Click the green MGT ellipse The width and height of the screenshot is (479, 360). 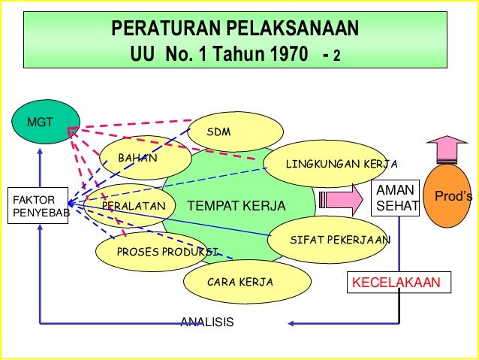(46, 122)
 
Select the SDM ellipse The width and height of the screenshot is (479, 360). (235, 132)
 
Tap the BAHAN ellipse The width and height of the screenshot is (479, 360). (146, 158)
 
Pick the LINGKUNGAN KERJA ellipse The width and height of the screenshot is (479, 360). (325, 164)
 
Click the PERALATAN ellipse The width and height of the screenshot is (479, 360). (130, 205)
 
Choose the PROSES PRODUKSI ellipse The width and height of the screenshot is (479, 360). (152, 252)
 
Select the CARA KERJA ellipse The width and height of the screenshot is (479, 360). (247, 281)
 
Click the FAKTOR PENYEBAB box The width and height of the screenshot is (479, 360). (38, 205)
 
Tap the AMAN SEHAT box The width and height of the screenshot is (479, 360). (396, 198)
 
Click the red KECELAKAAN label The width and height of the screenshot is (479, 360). (396, 283)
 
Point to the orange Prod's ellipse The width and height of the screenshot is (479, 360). (447, 196)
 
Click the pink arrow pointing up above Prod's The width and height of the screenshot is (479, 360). (447, 150)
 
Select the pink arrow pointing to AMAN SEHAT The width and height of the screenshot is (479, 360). (341, 200)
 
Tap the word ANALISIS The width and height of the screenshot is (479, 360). (207, 322)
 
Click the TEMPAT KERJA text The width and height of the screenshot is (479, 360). (236, 206)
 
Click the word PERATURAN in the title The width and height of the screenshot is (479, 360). (166, 28)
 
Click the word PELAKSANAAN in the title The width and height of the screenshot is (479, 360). (293, 28)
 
